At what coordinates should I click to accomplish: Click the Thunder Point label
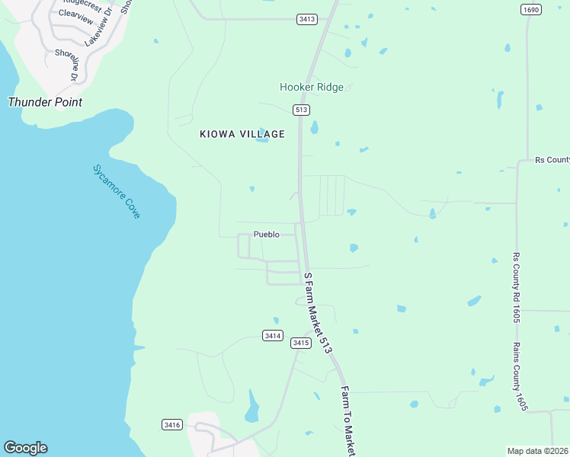(45, 102)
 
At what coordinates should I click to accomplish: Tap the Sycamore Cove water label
(116, 192)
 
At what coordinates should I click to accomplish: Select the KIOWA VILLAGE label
(242, 134)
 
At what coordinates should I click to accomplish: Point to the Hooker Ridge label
(312, 87)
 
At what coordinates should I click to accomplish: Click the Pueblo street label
(267, 235)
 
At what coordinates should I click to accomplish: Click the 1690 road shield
(531, 10)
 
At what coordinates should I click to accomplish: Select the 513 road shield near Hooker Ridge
(301, 110)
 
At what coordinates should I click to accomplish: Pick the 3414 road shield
(273, 335)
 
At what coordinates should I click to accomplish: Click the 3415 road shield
(301, 344)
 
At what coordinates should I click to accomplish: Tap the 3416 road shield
(172, 424)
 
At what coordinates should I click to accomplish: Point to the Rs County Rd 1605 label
(516, 287)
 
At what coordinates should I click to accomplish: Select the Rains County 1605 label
(520, 376)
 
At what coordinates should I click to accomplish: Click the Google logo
(25, 448)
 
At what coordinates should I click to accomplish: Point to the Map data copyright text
(537, 450)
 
